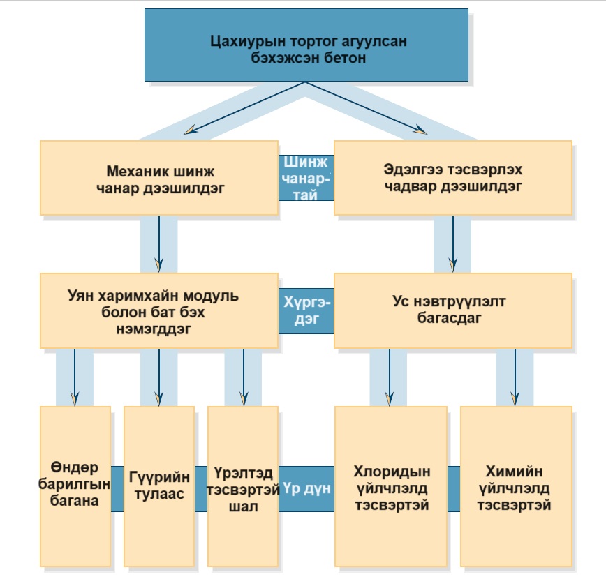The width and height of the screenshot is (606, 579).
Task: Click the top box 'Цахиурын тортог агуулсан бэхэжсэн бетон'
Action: [x=306, y=45]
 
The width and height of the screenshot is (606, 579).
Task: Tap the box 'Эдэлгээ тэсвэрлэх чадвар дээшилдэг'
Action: [x=452, y=177]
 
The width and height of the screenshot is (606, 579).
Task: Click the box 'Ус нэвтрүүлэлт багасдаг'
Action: [x=452, y=310]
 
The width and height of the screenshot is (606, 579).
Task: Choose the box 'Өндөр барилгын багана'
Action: [x=75, y=486]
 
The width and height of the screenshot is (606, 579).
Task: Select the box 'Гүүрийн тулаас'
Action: [x=159, y=486]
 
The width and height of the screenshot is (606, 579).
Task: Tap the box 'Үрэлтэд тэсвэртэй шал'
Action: [x=243, y=486]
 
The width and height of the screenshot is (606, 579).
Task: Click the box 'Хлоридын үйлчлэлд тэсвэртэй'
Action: [x=390, y=486]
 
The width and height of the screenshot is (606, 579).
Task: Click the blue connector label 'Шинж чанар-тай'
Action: [x=305, y=178]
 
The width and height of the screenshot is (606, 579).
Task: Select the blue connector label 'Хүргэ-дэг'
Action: [x=306, y=310]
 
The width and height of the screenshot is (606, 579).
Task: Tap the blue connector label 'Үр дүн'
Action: [x=307, y=487]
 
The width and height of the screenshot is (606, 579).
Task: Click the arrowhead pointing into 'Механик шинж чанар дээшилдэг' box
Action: [x=189, y=129]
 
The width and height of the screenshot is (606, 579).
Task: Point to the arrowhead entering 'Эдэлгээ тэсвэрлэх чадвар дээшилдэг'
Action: [x=420, y=130]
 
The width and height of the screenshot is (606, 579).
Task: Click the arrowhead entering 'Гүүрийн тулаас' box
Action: [x=159, y=399]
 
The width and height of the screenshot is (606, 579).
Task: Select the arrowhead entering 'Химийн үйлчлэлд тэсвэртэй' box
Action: [x=515, y=399]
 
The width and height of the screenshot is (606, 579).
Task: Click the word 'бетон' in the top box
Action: [x=345, y=58]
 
